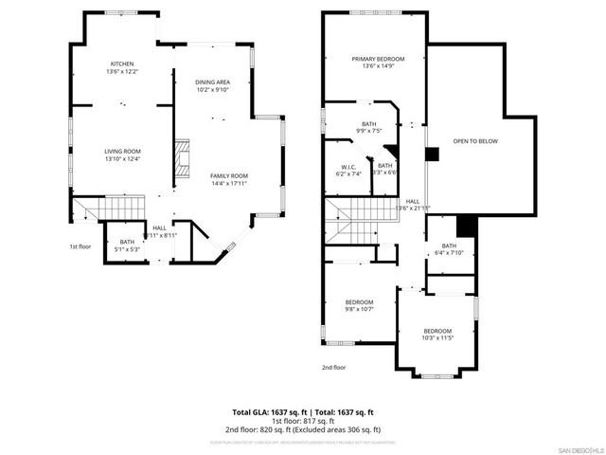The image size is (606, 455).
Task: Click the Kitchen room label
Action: [x=121, y=64]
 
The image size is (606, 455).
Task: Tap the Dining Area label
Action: [x=211, y=82]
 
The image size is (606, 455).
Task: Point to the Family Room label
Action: [x=228, y=175]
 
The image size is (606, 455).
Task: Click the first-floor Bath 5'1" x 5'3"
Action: [x=127, y=245]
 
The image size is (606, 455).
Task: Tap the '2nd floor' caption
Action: [x=334, y=367]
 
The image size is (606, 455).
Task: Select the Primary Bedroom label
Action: [x=372, y=60]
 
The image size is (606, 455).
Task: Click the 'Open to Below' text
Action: [x=474, y=141]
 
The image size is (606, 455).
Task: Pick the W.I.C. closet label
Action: [x=348, y=168]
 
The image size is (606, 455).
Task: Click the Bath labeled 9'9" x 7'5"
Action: [x=367, y=126]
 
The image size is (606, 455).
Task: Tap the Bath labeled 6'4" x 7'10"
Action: [x=448, y=248]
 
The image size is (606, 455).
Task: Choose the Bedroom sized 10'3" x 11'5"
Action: [x=437, y=333]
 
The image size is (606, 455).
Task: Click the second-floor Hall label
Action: [x=413, y=203]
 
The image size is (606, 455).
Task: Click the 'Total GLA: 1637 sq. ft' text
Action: [x=266, y=412]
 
